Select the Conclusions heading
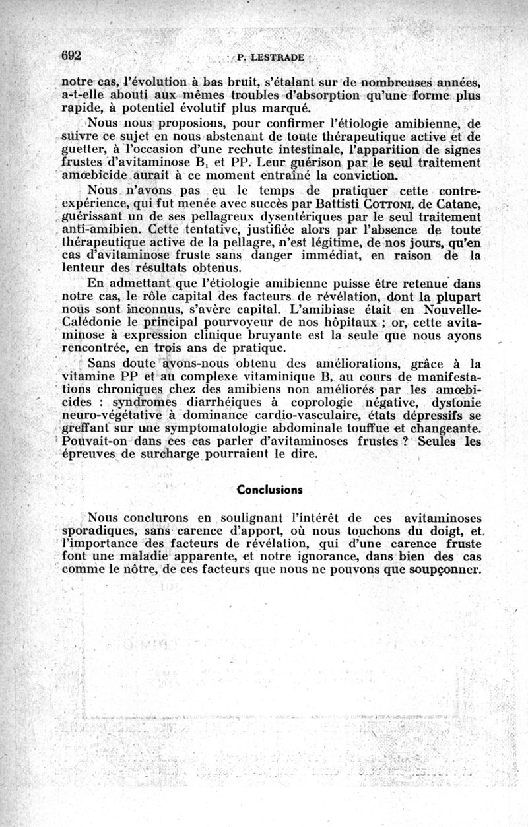coord(269,490)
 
